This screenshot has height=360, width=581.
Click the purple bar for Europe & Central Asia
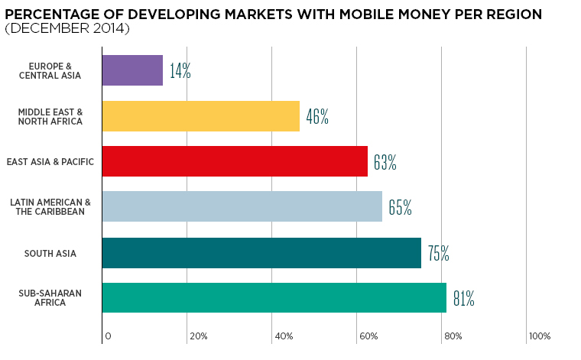(x=132, y=70)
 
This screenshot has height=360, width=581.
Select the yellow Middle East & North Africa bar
(x=200, y=116)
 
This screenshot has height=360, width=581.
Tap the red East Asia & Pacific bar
(x=234, y=161)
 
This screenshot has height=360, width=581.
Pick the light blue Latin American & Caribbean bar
(x=242, y=206)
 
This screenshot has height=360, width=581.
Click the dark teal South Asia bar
(x=261, y=253)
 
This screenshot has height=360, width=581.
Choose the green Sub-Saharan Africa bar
(x=274, y=298)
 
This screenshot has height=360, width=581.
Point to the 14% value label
(x=180, y=72)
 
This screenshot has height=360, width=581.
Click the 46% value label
(x=317, y=117)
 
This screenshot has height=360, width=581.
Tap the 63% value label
(x=385, y=162)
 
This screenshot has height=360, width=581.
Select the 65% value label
(x=400, y=207)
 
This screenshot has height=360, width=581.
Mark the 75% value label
(x=438, y=254)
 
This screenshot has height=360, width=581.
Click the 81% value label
(x=463, y=299)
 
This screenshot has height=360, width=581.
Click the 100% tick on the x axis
(x=539, y=336)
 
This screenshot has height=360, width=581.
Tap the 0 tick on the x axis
(x=108, y=336)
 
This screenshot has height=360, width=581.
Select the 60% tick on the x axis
(x=368, y=336)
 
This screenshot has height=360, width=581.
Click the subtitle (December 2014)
(x=67, y=29)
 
